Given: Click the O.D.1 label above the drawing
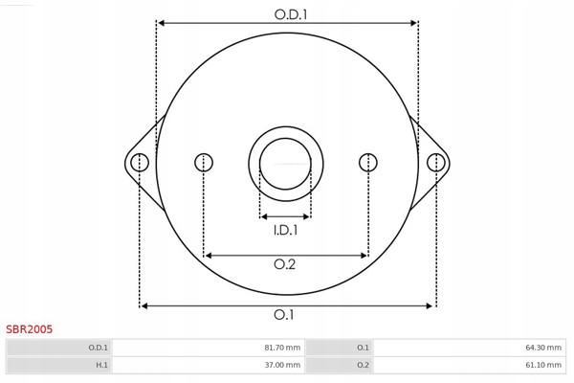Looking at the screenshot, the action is click(x=291, y=14).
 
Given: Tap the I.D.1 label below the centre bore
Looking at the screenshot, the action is click(x=285, y=230).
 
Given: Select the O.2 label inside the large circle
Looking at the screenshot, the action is click(x=284, y=264).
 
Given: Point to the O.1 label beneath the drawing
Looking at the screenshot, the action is click(x=284, y=314).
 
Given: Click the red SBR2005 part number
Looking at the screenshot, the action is click(x=30, y=329).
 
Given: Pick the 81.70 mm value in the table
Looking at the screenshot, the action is click(x=282, y=348).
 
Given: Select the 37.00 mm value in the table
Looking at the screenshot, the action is click(x=282, y=365).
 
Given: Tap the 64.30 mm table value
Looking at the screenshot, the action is click(x=543, y=348).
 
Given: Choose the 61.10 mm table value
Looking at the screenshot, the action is click(x=543, y=365).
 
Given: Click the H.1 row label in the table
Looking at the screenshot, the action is click(x=101, y=365).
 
